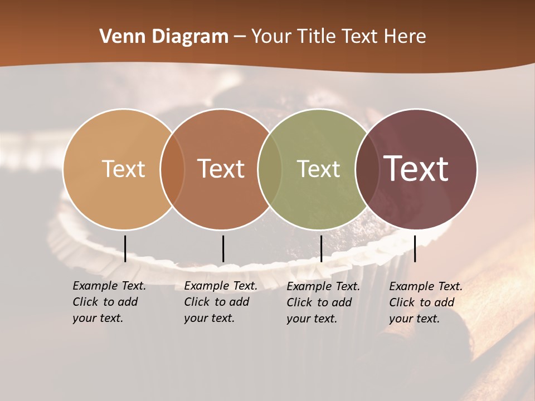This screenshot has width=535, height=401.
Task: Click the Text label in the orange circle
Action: point(123,169)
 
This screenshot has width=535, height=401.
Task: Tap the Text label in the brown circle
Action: point(221,169)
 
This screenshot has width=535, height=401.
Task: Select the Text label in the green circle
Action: point(318,169)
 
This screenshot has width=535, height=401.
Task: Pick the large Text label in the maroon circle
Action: point(416,169)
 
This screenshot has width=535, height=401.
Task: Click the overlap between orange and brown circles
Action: point(172,169)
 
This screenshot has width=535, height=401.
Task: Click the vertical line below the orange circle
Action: point(125,248)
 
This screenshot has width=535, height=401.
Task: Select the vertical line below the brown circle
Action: point(223,248)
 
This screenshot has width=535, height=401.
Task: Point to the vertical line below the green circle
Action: point(321,248)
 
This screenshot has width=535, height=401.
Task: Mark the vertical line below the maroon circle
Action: point(415,248)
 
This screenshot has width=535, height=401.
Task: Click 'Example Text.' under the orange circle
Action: point(109,286)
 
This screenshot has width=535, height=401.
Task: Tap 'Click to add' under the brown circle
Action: point(216,302)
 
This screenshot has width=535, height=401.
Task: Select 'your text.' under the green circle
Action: point(312,319)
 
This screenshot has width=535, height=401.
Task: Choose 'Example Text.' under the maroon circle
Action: point(426,286)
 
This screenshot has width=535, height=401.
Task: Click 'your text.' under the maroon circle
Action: point(414,319)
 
